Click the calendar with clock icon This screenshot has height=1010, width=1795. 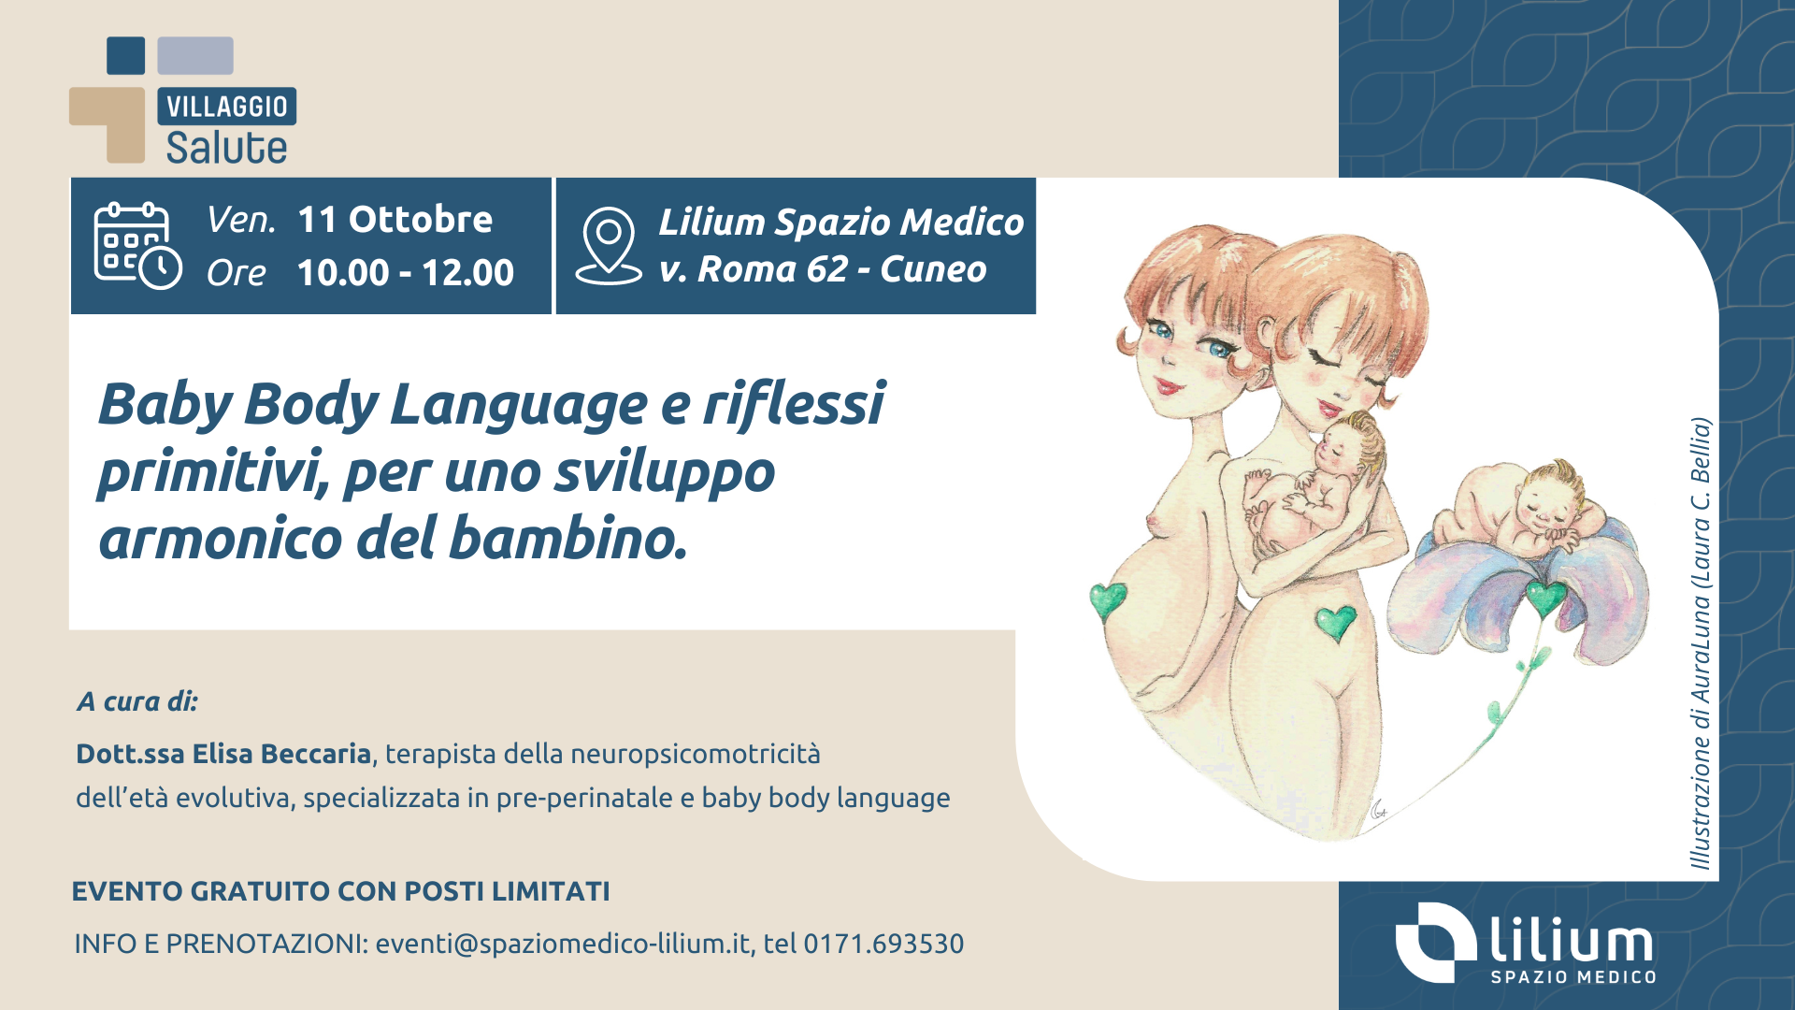tap(137, 245)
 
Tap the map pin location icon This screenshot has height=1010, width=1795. tap(609, 246)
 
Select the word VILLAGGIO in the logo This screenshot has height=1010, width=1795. tap(227, 107)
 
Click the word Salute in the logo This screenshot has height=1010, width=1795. tap(226, 148)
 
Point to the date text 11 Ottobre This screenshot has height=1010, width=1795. tap(395, 220)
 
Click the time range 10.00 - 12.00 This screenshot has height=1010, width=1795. tap(405, 273)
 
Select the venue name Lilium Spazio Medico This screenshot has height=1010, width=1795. tap(841, 223)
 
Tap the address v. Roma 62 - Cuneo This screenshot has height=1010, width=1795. tap(823, 269)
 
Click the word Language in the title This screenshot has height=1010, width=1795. tap(519, 405)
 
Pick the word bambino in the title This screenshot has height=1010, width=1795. tap(567, 539)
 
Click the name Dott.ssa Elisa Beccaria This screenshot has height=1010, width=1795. tap(223, 754)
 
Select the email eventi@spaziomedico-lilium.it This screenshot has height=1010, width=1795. tap(564, 944)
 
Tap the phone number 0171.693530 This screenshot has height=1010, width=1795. tap(883, 944)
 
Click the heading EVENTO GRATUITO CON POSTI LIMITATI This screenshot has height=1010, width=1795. tap(340, 891)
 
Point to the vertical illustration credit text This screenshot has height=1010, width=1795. tap(1701, 643)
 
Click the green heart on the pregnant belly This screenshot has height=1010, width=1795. tap(1110, 600)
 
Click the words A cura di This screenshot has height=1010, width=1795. tap(137, 701)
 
